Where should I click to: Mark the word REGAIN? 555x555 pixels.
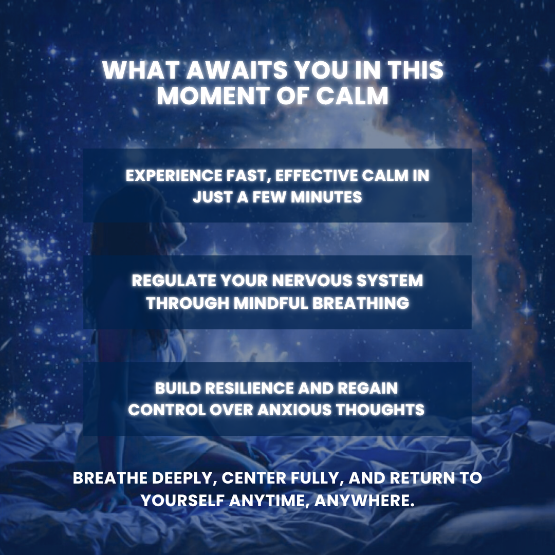[x=367, y=388]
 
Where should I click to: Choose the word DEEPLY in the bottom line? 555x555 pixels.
[x=182, y=478]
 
